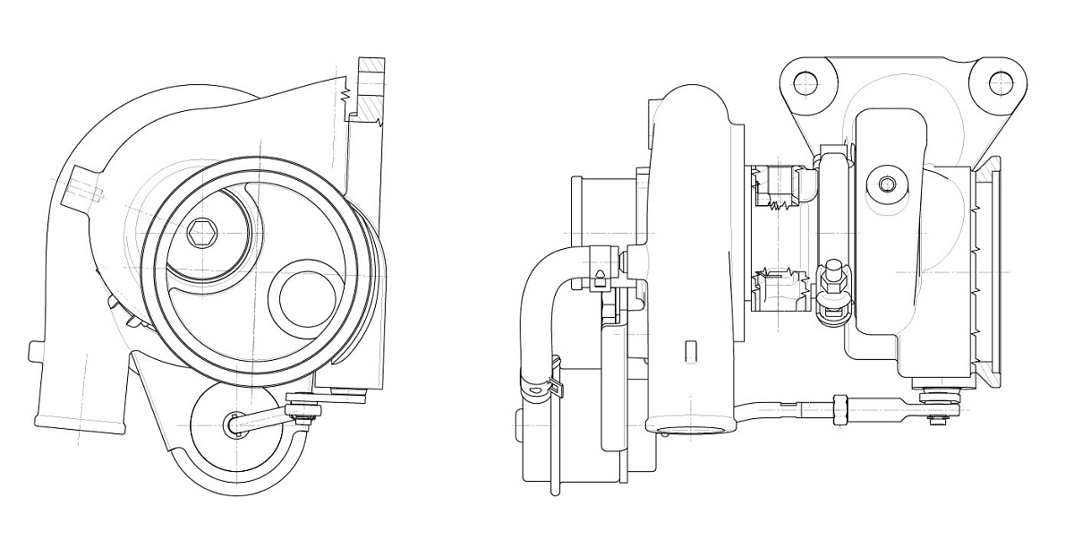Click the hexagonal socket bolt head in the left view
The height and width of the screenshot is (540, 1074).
point(202,235)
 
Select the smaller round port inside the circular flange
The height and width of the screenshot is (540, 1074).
point(307,297)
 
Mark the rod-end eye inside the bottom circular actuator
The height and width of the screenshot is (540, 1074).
point(234,424)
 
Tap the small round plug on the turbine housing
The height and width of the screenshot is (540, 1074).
point(887,184)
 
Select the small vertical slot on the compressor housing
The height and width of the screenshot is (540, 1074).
point(689,351)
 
